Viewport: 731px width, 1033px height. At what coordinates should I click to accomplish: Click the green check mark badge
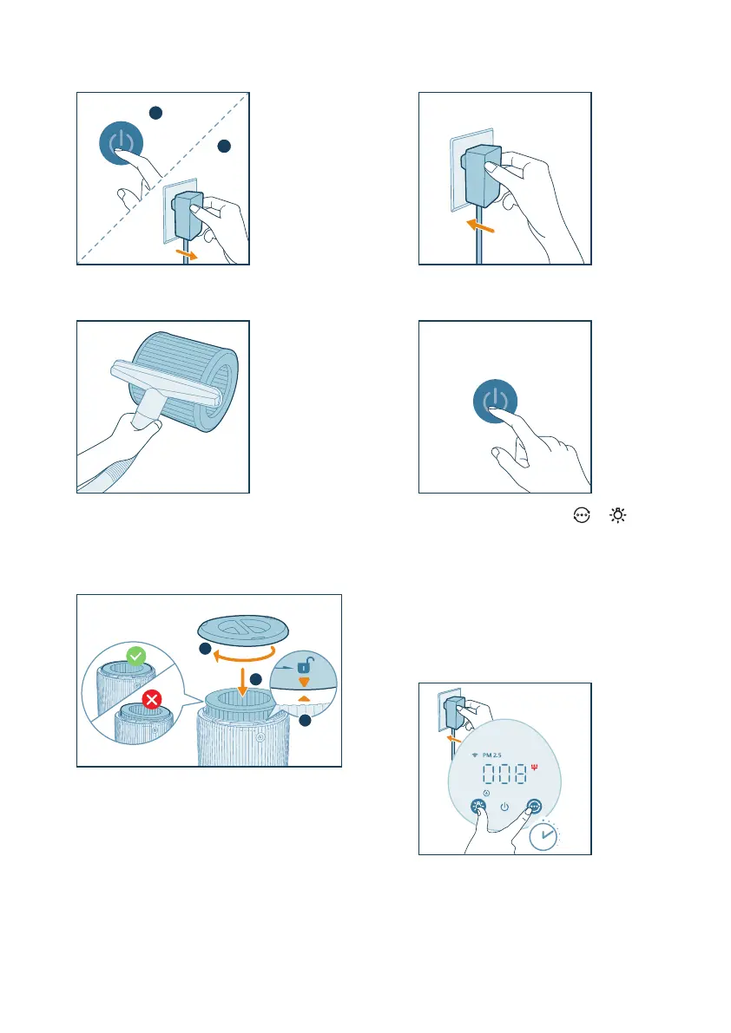point(135,657)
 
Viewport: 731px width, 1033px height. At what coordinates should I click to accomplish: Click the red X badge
point(152,700)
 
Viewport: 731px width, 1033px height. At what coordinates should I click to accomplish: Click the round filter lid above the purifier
point(243,629)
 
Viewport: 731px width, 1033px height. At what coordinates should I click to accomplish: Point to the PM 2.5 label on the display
point(491,755)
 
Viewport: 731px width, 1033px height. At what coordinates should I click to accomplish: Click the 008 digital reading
point(505,774)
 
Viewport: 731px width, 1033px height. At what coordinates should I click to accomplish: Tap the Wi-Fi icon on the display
point(475,755)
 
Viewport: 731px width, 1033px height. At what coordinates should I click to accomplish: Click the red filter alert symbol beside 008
point(534,767)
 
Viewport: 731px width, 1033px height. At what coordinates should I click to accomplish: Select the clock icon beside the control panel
point(543,836)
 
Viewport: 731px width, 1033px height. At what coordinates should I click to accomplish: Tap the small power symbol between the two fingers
point(505,807)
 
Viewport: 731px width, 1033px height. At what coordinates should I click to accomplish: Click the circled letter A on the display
point(486,794)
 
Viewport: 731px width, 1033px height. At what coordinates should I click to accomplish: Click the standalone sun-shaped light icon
point(617,515)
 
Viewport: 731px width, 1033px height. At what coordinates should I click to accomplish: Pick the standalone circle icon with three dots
point(582,515)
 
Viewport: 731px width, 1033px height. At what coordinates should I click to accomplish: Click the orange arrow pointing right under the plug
point(187,253)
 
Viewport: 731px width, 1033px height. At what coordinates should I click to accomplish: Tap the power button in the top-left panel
point(122,143)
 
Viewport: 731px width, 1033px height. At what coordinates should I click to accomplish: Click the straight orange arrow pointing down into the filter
point(242,682)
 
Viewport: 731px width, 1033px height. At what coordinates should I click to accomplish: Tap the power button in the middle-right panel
point(495,402)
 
